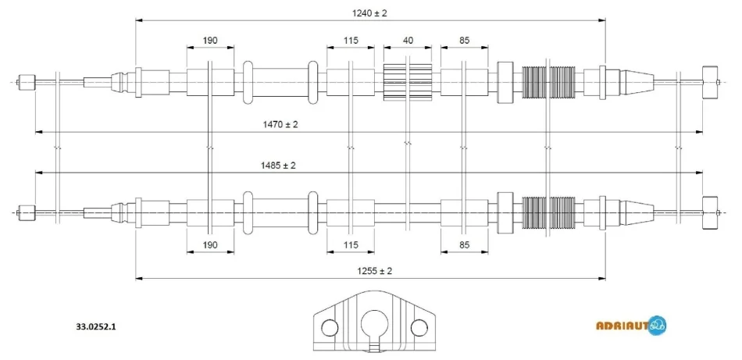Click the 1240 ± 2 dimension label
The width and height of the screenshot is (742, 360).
pyautogui.click(x=369, y=13)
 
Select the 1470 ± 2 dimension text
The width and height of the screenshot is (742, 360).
pyautogui.click(x=280, y=125)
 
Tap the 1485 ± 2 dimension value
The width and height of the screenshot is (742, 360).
pyautogui.click(x=278, y=166)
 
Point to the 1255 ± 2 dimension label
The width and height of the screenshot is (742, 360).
pyautogui.click(x=374, y=271)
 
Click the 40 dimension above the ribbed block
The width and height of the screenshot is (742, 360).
pyautogui.click(x=408, y=40)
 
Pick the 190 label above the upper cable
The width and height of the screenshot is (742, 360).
pyautogui.click(x=210, y=40)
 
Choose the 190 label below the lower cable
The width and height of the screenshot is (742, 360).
pyautogui.click(x=210, y=244)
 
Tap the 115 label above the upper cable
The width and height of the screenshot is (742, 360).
pyautogui.click(x=351, y=40)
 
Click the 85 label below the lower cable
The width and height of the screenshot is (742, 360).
pyautogui.click(x=464, y=244)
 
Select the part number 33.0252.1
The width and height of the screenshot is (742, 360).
pyautogui.click(x=95, y=326)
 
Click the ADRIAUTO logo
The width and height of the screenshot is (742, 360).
pyautogui.click(x=631, y=325)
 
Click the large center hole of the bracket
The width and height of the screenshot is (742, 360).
pyautogui.click(x=374, y=325)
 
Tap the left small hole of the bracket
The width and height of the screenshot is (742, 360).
pyautogui.click(x=330, y=326)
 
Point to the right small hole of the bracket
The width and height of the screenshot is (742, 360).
pyautogui.click(x=419, y=326)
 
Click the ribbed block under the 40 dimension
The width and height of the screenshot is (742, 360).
pyautogui.click(x=408, y=82)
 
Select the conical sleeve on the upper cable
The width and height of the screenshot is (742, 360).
pyautogui.click(x=637, y=82)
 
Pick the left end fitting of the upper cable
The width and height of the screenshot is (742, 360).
pyautogui.click(x=27, y=82)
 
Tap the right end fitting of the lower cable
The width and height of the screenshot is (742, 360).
pyautogui.click(x=711, y=212)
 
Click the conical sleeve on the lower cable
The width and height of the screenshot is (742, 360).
pyautogui.click(x=637, y=212)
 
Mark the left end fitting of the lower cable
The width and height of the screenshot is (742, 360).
pyautogui.click(x=27, y=212)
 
